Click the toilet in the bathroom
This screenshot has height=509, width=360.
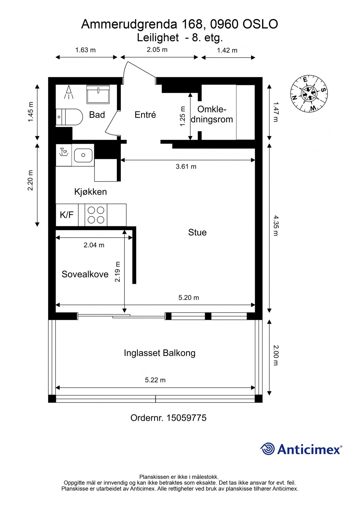point(69,117)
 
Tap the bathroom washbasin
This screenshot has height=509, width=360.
point(98,94)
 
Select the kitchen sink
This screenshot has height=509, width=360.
point(83,155)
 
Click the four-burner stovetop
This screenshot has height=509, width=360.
point(96,215)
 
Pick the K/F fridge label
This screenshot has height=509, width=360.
point(67,215)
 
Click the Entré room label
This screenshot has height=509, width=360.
point(145,115)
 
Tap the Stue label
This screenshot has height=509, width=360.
point(197,232)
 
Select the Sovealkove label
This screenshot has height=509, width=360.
point(85,274)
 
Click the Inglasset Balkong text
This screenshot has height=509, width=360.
point(159,353)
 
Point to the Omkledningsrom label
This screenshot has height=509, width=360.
point(212,114)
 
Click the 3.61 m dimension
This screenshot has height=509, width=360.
point(186,167)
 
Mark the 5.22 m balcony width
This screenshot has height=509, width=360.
point(155,380)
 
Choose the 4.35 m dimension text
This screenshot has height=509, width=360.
point(276,225)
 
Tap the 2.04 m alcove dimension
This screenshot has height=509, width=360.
point(94,245)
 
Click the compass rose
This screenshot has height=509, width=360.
point(309,94)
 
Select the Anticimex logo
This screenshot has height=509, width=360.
point(301,449)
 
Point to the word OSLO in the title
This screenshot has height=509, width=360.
point(260,24)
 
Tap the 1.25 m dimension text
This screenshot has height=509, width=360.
point(183,116)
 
